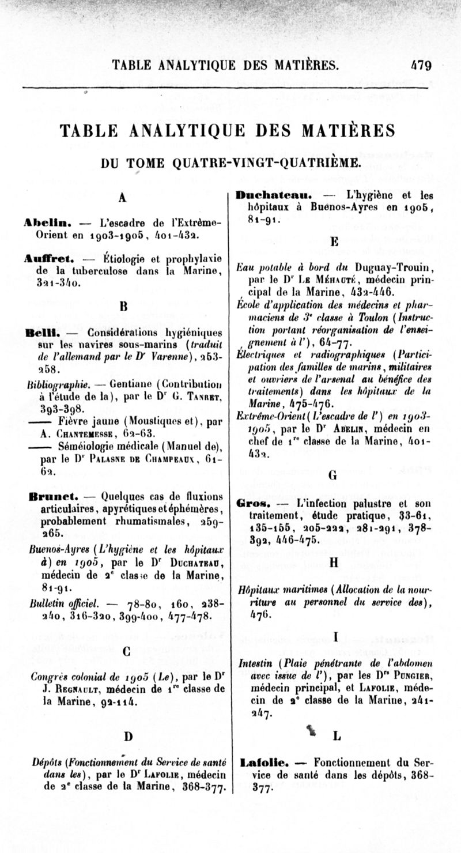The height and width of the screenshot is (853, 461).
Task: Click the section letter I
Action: tap(335, 636)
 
